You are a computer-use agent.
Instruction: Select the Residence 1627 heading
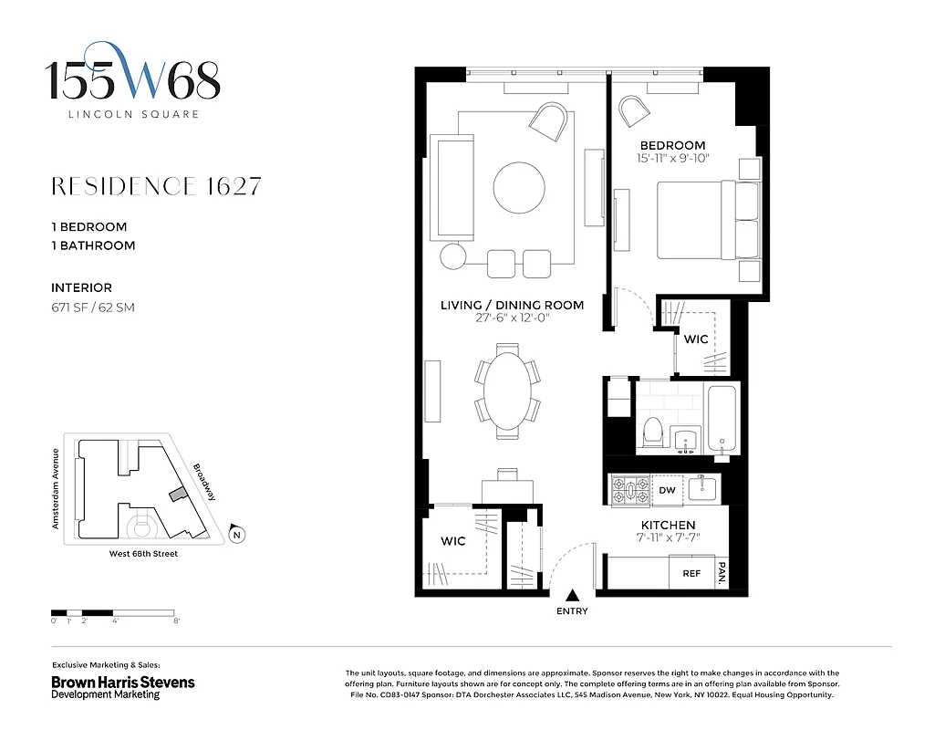(x=156, y=187)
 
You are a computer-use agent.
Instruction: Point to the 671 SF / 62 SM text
(x=93, y=308)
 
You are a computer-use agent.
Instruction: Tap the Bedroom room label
(x=672, y=145)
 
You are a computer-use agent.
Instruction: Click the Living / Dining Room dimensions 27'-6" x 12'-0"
(x=512, y=319)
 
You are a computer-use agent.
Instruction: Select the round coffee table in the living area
(x=520, y=188)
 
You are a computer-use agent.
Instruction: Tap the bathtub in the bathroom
(x=722, y=419)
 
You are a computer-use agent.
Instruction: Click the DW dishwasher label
(x=667, y=491)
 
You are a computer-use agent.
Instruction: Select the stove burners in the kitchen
(x=630, y=491)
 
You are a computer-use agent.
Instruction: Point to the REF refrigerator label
(x=692, y=574)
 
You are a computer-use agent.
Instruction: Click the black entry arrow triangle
(x=572, y=596)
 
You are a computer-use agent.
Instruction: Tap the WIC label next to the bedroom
(x=696, y=339)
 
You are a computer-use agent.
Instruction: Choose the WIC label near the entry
(x=453, y=541)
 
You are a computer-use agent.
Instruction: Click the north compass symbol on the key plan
(x=237, y=535)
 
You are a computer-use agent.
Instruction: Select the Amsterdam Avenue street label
(x=56, y=488)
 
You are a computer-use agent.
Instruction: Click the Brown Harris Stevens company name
(x=122, y=682)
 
